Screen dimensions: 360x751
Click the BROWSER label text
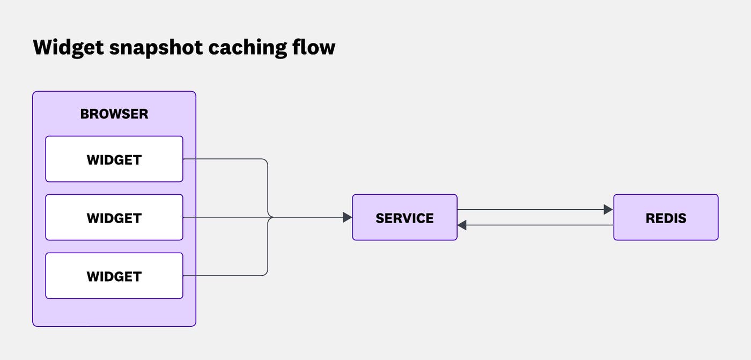pos(114,114)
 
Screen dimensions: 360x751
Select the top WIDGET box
pos(114,159)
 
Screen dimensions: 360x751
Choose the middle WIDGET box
pos(114,218)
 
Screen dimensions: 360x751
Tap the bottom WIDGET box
pos(114,276)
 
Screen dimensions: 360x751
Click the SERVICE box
pos(404,217)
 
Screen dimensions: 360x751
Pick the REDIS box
pos(666,217)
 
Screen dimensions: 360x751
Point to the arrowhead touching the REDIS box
pos(608,209)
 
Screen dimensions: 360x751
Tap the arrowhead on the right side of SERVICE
pos(462,225)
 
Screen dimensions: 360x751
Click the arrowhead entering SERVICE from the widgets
pos(347,217)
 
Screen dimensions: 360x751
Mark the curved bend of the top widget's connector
pos(266,161)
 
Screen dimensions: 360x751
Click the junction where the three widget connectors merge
pos(269,217)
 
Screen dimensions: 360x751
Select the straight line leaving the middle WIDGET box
pos(225,217)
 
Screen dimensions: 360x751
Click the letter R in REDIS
pos(650,218)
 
